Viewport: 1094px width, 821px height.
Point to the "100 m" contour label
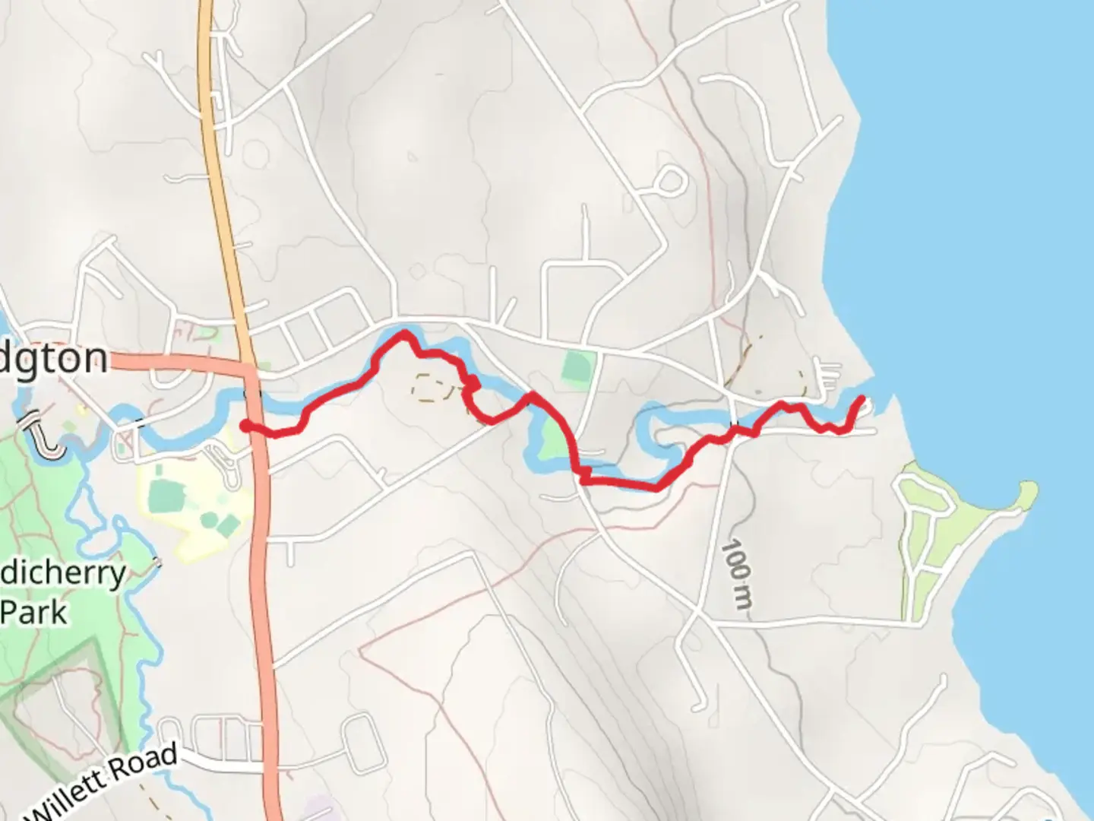tap(737, 574)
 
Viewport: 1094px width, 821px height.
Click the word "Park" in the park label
tap(34, 612)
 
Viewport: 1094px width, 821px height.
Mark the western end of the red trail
tap(245, 426)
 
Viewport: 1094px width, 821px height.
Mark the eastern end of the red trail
tap(862, 398)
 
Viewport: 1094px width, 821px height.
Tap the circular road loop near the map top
tap(669, 181)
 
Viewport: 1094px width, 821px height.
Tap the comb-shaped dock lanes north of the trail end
tap(827, 374)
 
